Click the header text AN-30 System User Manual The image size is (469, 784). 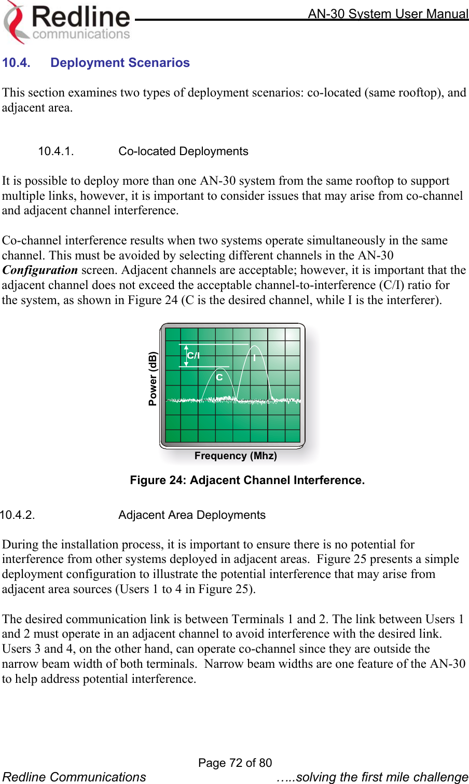point(388,13)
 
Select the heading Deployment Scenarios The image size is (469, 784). point(120,63)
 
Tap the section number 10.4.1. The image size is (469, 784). point(56,151)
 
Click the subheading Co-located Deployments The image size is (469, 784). point(183,151)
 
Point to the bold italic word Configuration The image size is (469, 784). point(40,270)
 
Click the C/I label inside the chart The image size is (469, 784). point(194,355)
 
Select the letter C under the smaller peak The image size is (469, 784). point(219,377)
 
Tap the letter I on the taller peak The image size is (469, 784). point(255,358)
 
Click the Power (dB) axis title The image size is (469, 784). point(153,378)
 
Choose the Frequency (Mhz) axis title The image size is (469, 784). point(236,456)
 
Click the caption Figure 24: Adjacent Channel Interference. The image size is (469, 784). point(247,480)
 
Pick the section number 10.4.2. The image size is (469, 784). point(18,515)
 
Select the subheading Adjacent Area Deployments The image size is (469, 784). point(192,515)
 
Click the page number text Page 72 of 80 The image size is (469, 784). point(235,762)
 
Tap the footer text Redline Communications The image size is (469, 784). point(74,777)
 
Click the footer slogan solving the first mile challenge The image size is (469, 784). point(373,777)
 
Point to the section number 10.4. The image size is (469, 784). point(16,63)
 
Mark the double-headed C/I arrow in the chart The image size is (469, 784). point(186,355)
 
